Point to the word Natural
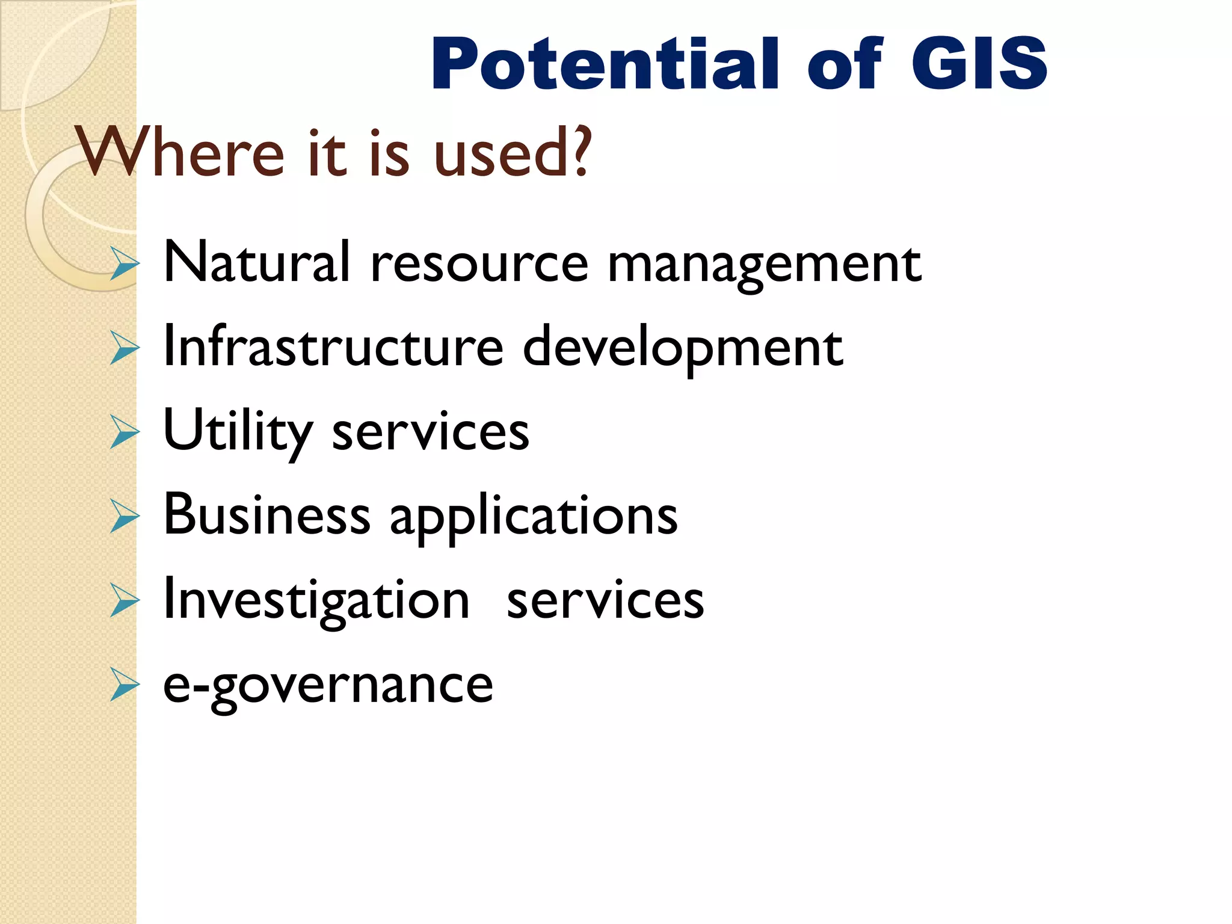(x=256, y=262)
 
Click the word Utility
(x=238, y=432)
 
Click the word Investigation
(x=316, y=600)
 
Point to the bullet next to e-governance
(x=125, y=685)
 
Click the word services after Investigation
(x=605, y=600)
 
